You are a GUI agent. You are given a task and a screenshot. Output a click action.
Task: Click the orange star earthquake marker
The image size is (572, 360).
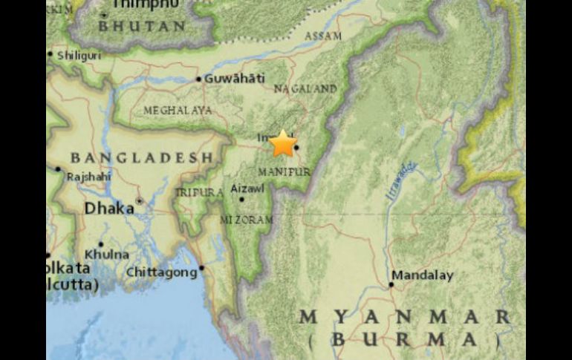(282, 143)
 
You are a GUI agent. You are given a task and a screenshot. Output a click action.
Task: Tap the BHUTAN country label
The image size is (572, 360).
(143, 26)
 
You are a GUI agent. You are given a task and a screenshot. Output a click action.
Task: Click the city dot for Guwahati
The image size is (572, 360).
(199, 79)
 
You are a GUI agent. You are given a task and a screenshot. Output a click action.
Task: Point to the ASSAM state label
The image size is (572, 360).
(323, 36)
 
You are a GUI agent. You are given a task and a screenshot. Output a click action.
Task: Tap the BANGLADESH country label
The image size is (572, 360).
(142, 157)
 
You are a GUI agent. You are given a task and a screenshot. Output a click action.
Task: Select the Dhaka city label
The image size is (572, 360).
(109, 209)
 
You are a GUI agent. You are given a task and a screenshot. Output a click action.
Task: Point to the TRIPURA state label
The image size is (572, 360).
(198, 192)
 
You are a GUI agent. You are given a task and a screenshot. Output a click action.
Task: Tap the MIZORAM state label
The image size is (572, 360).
(246, 220)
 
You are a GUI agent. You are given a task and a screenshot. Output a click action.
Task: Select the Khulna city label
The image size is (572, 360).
(112, 253)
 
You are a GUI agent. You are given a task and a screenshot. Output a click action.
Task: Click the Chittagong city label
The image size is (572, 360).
(162, 272)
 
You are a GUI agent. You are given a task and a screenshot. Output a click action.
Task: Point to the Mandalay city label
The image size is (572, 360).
(422, 275)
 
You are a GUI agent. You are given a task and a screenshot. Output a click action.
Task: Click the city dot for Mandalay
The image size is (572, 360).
(391, 284)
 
